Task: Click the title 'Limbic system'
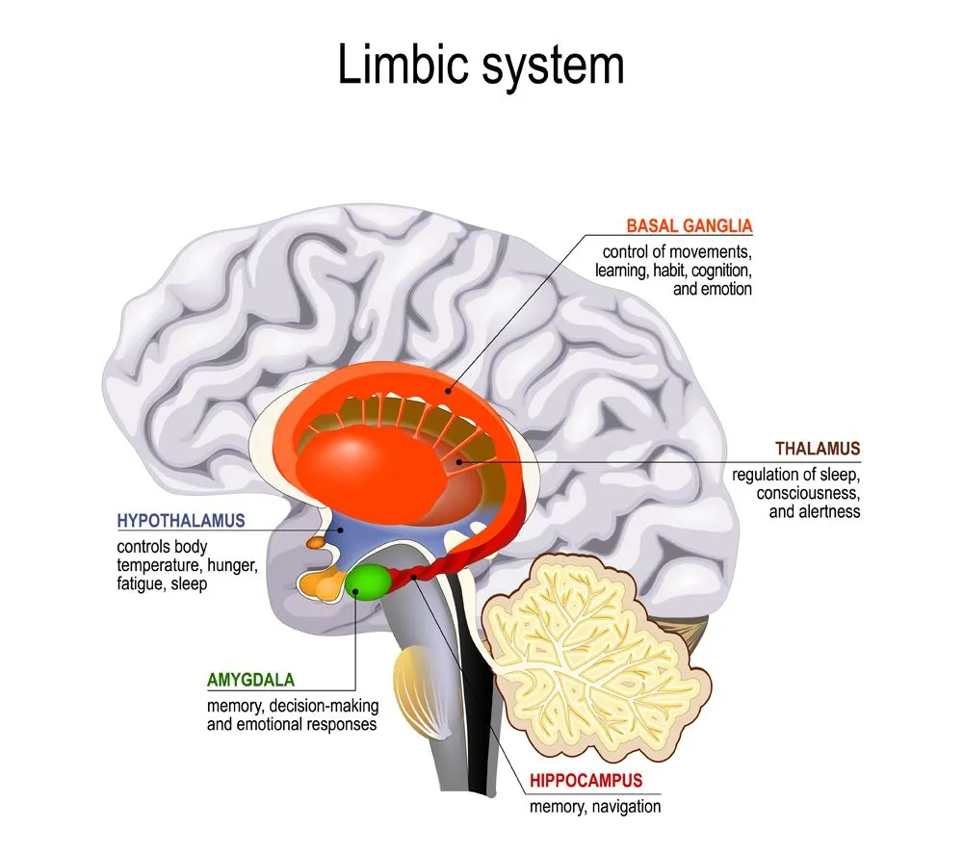[481, 66]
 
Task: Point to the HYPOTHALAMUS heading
[181, 521]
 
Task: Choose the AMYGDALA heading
[250, 680]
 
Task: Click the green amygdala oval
[368, 581]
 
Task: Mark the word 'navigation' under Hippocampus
[626, 807]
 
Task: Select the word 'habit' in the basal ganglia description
[691, 271]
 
